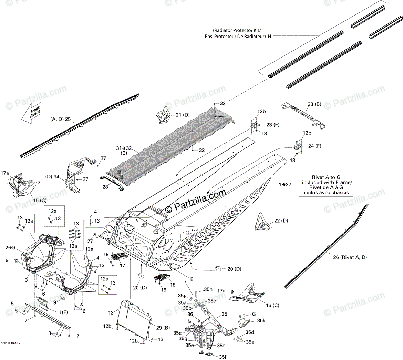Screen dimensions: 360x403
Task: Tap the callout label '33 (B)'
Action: tap(314, 104)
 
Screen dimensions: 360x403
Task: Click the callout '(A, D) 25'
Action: tap(60, 119)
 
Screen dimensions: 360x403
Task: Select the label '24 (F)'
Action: tap(314, 146)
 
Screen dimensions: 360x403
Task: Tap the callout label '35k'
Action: tap(261, 320)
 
